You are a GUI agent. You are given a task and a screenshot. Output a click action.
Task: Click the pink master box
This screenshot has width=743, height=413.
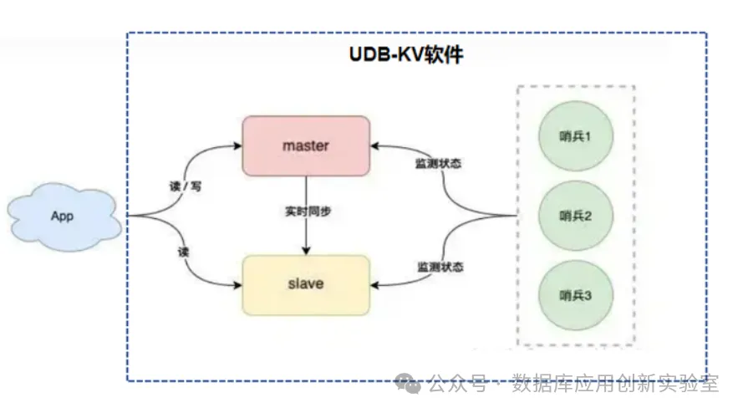(305, 145)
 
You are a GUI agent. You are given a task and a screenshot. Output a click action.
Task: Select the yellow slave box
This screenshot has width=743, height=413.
(305, 285)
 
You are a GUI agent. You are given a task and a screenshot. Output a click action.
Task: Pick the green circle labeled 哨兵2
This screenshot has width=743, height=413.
(575, 216)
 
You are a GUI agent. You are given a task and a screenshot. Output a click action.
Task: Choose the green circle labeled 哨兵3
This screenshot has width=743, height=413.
(575, 295)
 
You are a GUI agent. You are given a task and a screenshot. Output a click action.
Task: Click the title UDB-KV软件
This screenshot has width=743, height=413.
(405, 55)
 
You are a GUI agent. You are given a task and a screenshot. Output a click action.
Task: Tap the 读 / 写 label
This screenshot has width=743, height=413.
(185, 186)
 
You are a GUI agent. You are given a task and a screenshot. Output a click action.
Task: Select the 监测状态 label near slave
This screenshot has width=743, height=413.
(440, 267)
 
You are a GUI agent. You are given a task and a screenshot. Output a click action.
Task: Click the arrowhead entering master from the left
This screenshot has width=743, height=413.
(237, 145)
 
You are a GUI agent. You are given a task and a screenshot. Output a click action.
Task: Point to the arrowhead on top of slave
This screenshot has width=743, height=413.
(305, 252)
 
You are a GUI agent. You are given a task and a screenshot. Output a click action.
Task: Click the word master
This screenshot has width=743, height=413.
(305, 145)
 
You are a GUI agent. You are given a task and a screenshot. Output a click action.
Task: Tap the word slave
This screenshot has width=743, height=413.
(305, 284)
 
